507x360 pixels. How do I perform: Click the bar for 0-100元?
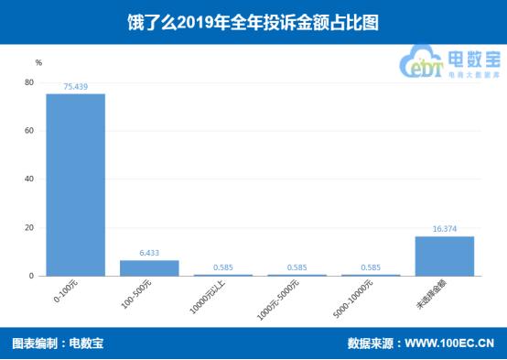(76, 184)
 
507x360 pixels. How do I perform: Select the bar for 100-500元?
(149, 267)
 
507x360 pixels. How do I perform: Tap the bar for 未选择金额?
(445, 256)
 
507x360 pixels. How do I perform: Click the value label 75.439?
(76, 86)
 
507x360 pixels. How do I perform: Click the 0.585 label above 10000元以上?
(223, 267)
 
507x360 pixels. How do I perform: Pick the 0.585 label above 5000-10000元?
(371, 267)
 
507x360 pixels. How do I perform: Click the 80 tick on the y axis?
(29, 82)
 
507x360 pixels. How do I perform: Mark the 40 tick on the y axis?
(29, 179)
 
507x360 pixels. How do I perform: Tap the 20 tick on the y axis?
(29, 227)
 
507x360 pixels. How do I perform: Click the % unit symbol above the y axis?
(38, 62)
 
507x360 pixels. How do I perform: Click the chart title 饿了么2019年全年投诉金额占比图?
(253, 21)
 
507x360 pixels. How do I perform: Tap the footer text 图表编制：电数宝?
(58, 344)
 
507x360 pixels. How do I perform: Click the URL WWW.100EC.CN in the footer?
(454, 344)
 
